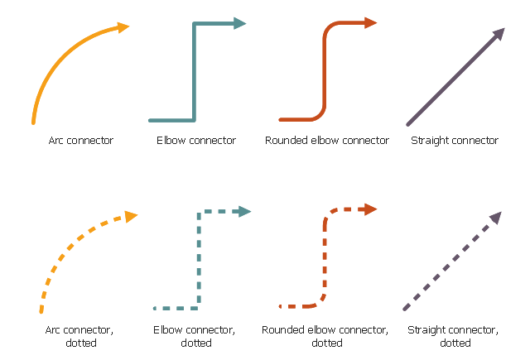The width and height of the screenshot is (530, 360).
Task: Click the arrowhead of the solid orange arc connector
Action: [123, 27]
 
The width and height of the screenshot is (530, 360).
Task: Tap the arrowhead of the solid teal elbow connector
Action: [240, 23]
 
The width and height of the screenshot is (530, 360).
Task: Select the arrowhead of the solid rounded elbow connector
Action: [370, 23]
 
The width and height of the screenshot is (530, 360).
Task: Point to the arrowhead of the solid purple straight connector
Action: [499, 35]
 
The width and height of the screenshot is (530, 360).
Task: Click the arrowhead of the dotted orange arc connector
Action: [130, 216]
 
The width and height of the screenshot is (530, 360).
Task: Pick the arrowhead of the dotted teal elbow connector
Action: [243, 212]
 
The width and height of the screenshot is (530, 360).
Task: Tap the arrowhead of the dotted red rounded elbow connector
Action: [370, 209]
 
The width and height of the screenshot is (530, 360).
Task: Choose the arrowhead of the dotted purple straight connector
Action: [495, 218]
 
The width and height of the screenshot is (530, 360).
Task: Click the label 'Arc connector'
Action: [80, 141]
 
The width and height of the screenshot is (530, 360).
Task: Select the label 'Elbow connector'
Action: [196, 141]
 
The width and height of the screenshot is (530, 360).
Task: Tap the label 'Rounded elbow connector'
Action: [327, 141]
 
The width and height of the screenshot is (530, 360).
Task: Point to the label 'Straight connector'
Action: [455, 141]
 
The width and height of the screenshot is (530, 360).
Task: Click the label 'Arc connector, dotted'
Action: [80, 337]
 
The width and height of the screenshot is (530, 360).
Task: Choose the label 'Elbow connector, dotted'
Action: [196, 337]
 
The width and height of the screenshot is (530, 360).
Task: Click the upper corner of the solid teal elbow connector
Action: [195, 24]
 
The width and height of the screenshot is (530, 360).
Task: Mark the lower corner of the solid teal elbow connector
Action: [195, 120]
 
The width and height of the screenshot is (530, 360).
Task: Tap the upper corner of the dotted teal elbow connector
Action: [199, 213]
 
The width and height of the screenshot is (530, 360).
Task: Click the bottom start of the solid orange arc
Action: [33, 122]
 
